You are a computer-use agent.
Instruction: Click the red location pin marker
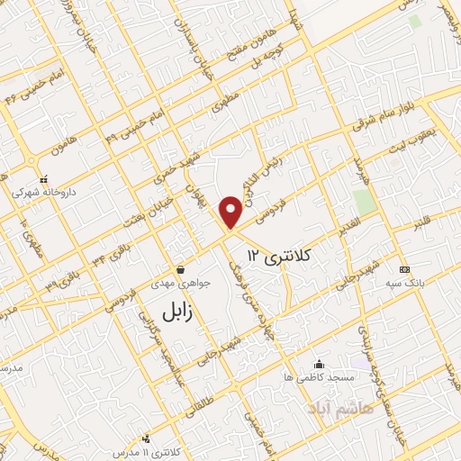tap(230, 212)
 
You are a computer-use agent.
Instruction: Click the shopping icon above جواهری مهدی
tap(181, 269)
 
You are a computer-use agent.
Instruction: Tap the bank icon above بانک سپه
tap(403, 269)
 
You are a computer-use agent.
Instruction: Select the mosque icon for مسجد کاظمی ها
tap(319, 365)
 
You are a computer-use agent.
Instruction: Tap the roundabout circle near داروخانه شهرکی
tap(33, 162)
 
